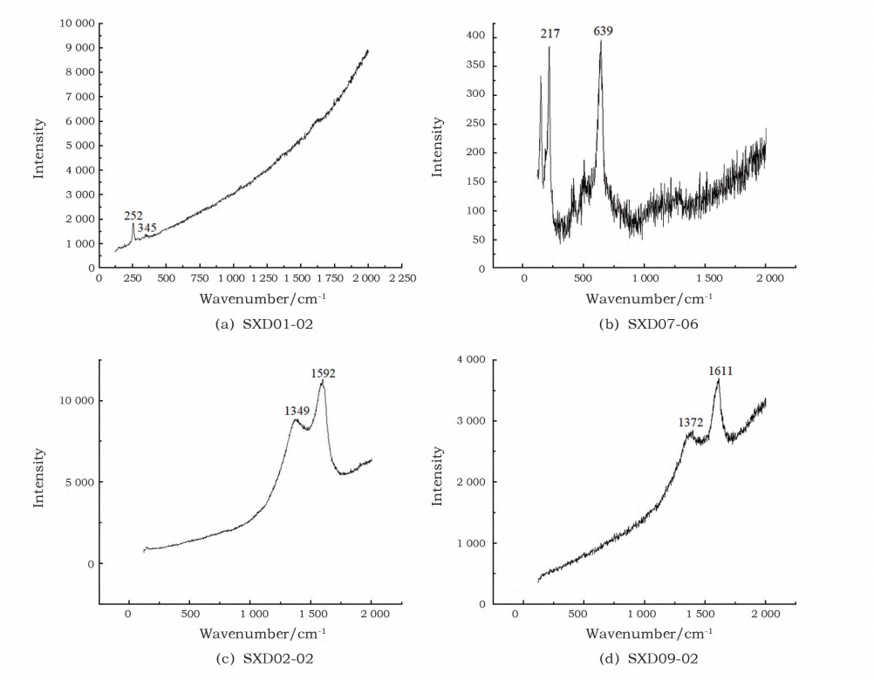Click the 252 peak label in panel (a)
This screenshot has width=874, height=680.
133,214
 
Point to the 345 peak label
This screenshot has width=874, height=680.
147,228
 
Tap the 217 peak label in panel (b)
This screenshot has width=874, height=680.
550,33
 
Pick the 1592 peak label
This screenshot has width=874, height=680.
324,373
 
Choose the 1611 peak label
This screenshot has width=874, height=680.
720,371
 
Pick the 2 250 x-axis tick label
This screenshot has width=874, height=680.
402,278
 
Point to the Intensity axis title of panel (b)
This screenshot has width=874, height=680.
438,146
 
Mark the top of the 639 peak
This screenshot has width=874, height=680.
601,41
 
